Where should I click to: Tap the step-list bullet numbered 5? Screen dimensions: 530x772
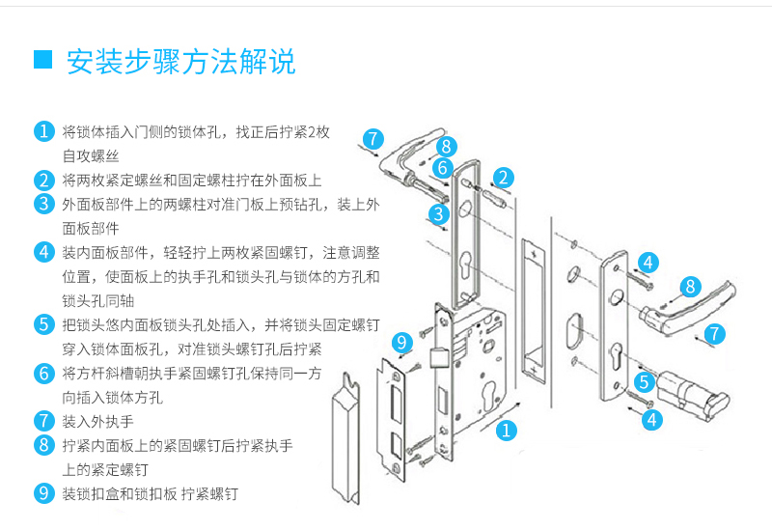pyautogui.click(x=43, y=324)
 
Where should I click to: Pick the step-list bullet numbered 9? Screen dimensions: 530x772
pyautogui.click(x=43, y=493)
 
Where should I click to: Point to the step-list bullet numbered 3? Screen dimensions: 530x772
pyautogui.click(x=43, y=204)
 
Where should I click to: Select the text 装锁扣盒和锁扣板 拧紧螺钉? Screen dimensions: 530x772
pyautogui.click(x=150, y=493)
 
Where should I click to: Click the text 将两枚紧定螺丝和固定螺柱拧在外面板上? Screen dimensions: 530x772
pyautogui.click(x=191, y=180)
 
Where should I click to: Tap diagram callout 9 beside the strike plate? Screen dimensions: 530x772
pyautogui.click(x=403, y=343)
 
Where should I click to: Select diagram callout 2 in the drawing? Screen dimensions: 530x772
pyautogui.click(x=504, y=177)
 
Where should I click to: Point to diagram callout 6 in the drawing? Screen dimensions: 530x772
pyautogui.click(x=442, y=168)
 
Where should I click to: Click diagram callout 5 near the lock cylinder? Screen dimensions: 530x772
pyautogui.click(x=646, y=381)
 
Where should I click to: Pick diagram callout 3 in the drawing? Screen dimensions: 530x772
pyautogui.click(x=438, y=213)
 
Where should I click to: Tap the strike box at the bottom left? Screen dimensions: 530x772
pyautogui.click(x=345, y=445)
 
